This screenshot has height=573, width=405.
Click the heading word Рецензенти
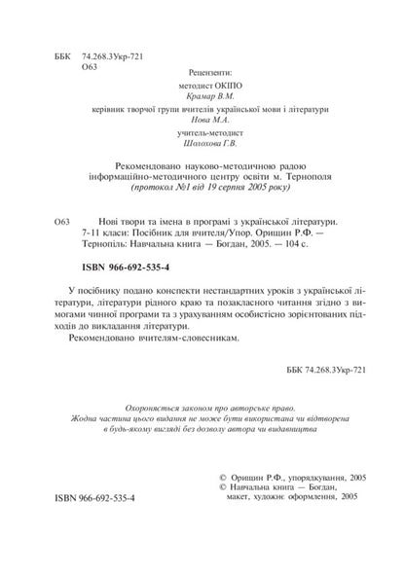205,73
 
